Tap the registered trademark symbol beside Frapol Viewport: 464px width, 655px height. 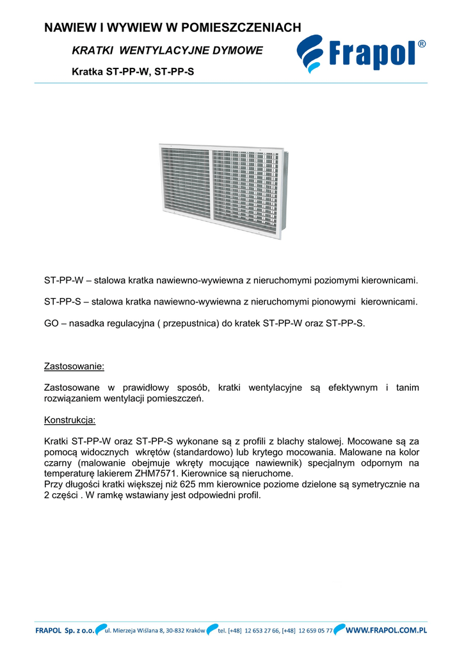coord(422,44)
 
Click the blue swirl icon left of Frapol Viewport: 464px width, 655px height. coord(312,54)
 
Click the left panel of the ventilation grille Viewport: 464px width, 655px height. coord(185,181)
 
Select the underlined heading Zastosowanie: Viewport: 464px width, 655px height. coord(74,367)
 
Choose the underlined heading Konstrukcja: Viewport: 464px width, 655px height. coord(70,420)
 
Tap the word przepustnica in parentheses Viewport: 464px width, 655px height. coord(195,323)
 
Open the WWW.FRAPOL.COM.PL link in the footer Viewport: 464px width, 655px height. coord(387,631)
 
